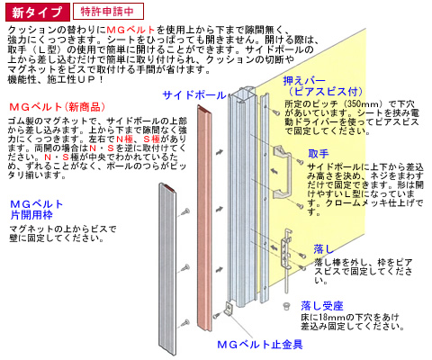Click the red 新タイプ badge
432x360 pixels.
38,12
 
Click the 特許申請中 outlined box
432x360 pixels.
108,12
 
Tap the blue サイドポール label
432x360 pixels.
194,95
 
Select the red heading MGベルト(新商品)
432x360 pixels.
58,107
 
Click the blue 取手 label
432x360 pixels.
319,154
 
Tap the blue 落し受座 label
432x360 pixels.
322,306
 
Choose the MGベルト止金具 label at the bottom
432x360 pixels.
260,345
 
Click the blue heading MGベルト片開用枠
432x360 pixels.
37,210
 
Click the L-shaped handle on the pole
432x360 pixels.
282,172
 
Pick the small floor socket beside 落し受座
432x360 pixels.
286,306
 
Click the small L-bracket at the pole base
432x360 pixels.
229,309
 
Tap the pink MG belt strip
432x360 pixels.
204,219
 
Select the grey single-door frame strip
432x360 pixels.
167,269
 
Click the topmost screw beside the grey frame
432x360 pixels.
185,212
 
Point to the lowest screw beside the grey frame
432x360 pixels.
185,323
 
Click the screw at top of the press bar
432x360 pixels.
276,112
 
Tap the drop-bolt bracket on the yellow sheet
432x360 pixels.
286,249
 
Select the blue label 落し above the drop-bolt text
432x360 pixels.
324,249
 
